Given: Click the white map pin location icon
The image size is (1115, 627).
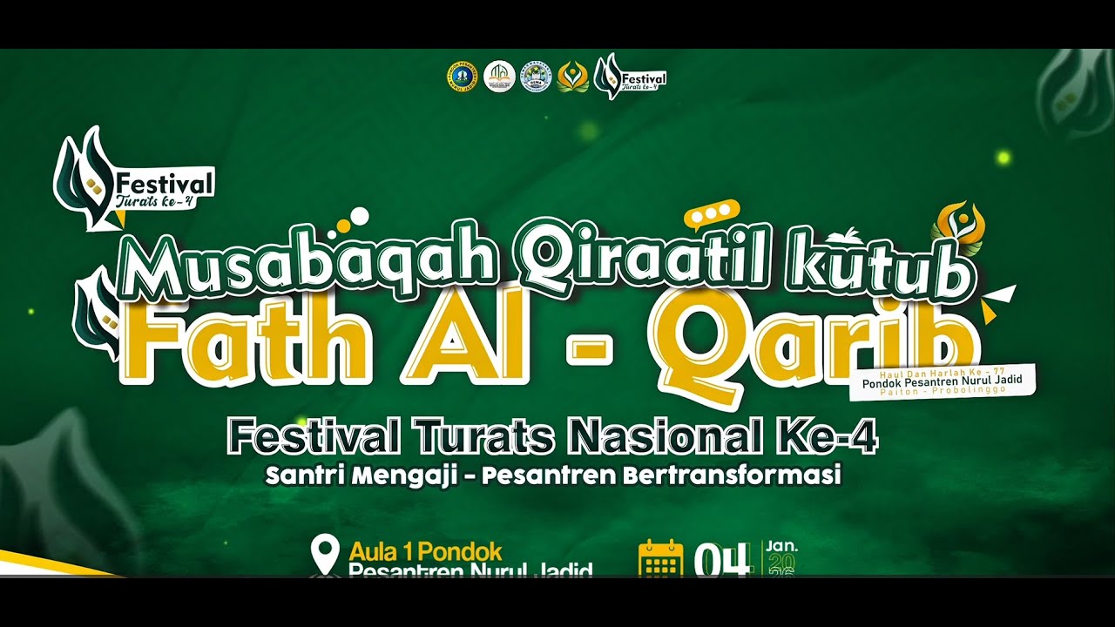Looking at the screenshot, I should [x=326, y=554].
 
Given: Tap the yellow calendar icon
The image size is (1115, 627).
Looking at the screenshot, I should [x=660, y=558].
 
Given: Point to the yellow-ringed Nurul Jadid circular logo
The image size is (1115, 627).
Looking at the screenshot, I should [x=462, y=77].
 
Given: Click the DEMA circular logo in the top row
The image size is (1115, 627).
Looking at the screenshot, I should [x=536, y=77].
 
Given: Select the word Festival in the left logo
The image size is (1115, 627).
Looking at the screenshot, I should [x=163, y=185].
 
